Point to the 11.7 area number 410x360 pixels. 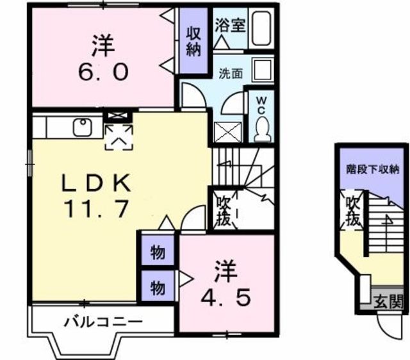point(96,208)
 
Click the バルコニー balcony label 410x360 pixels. point(102,322)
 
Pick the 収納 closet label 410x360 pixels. point(193,41)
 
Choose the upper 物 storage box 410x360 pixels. point(157,254)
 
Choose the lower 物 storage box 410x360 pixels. point(157,288)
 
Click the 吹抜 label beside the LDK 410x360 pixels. point(222,209)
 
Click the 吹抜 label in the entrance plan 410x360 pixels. point(353,212)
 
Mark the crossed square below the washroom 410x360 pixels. point(229,134)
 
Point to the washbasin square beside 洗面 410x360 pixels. point(261,70)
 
